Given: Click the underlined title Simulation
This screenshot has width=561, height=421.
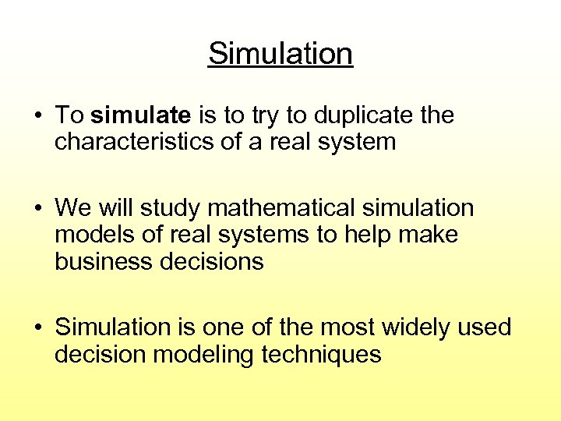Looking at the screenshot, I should point(280,54).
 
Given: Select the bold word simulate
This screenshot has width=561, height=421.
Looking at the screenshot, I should point(141,115).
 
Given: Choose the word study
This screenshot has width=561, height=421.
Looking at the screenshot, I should point(170,208).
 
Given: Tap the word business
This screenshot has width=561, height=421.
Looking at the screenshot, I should point(103,261).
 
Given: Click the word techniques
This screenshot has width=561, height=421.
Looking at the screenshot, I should point(321,355).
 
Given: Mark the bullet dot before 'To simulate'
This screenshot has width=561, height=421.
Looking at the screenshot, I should point(37,116).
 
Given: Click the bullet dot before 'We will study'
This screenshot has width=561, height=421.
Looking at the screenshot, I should point(37,209).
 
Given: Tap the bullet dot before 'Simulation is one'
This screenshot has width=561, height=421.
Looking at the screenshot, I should point(37,328).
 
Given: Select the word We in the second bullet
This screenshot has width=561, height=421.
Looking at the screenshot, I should point(73,208).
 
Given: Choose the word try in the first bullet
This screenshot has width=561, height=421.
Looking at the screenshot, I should point(266,115).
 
